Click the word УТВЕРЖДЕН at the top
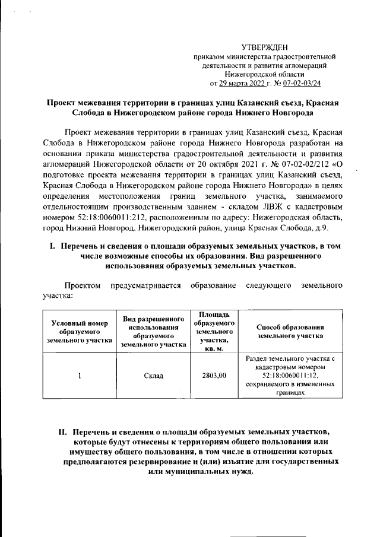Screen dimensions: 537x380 (x=265, y=47)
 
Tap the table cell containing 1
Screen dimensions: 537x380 (x=80, y=376)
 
